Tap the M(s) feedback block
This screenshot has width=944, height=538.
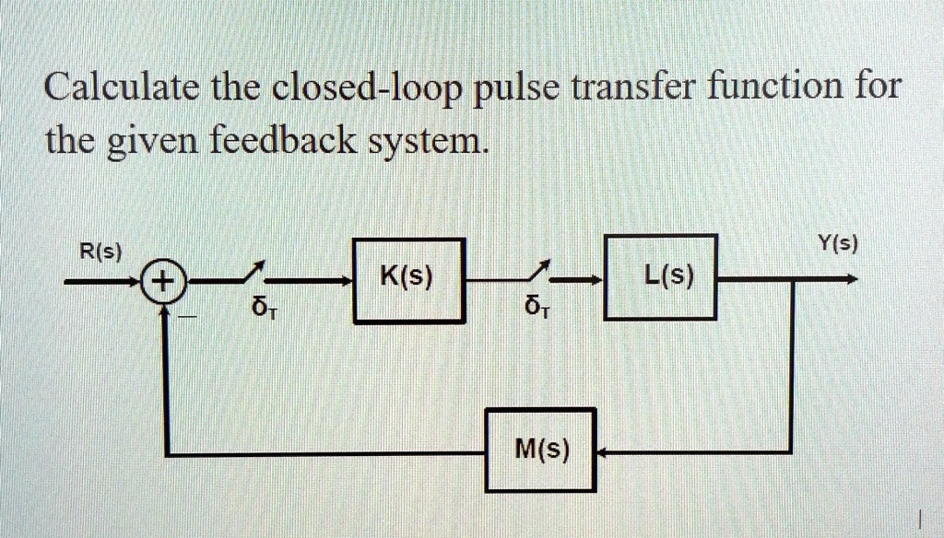(x=542, y=451)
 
